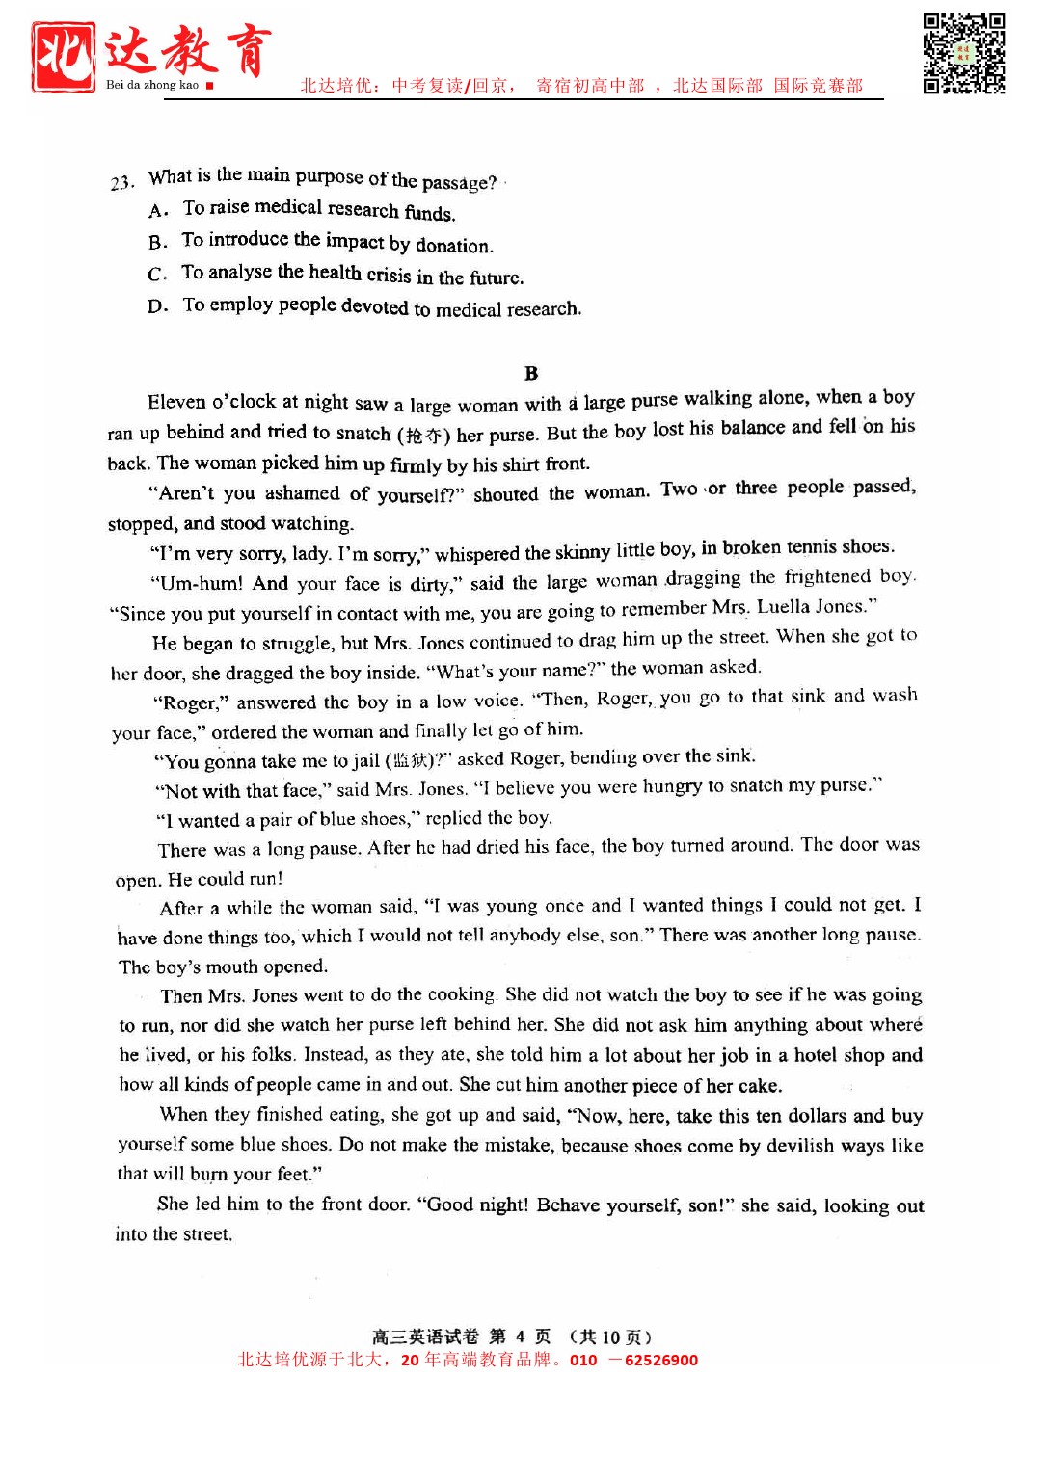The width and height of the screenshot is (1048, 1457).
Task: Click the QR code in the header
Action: coord(963,54)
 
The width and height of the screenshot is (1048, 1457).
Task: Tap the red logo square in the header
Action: coord(64,57)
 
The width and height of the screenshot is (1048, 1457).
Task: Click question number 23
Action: coord(121,182)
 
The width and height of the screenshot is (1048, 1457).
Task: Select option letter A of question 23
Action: coord(159,210)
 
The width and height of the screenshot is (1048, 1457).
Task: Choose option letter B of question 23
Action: coord(158,242)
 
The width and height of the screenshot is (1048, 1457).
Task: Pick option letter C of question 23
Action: coord(158,275)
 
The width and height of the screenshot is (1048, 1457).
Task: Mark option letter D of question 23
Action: coord(158,307)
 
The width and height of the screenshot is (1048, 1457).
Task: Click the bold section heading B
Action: coord(531,374)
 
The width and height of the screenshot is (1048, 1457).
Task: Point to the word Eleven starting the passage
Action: coord(176,402)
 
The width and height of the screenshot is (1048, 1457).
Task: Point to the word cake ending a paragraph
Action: coord(758,1086)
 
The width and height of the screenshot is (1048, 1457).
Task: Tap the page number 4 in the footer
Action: coord(520,1337)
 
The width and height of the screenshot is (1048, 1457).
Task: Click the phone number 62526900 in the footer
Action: coord(661,1361)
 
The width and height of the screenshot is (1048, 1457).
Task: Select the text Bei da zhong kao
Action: coord(151,85)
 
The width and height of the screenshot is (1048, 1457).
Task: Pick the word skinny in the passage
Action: coord(582,552)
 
